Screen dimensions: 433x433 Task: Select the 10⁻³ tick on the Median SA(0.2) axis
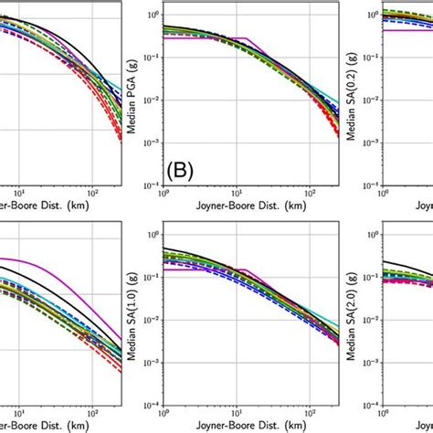pos(367,141)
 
